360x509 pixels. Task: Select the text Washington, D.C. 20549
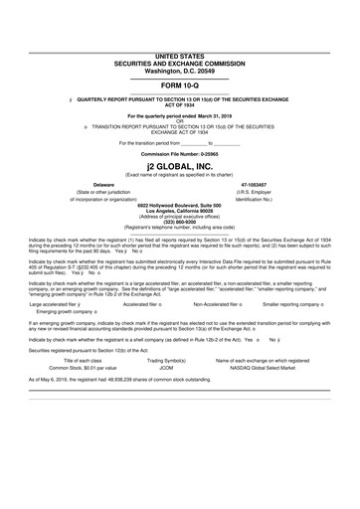click(179, 72)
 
